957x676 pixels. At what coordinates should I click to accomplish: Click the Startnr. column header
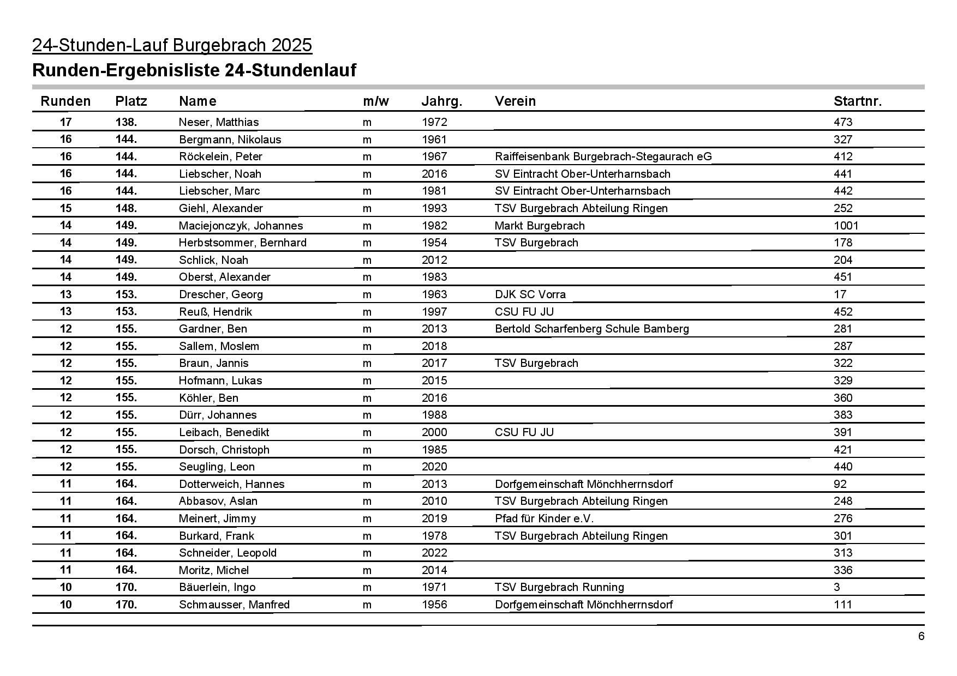[857, 101]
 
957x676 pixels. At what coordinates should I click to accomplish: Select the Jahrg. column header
[441, 101]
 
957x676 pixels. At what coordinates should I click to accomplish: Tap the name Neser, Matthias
[219, 122]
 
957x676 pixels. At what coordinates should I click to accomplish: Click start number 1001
[846, 226]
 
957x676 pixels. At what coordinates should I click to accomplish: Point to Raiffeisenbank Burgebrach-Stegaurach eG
[603, 156]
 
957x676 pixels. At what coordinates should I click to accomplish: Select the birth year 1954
[434, 243]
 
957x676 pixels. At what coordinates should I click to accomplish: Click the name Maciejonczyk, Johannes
[241, 226]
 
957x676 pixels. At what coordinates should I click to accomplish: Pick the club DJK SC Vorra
[530, 294]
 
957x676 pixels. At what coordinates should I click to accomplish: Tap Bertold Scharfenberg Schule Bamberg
[591, 329]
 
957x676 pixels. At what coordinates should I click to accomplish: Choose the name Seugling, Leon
[217, 467]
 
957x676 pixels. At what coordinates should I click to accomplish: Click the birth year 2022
[434, 553]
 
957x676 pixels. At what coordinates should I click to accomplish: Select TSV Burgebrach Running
[559, 587]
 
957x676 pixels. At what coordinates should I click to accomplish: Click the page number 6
[921, 637]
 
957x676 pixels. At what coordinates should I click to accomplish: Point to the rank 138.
[126, 122]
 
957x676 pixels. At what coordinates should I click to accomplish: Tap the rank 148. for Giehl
[126, 208]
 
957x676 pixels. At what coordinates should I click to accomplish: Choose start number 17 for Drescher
[840, 294]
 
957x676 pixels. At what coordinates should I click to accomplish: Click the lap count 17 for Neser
[65, 122]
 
